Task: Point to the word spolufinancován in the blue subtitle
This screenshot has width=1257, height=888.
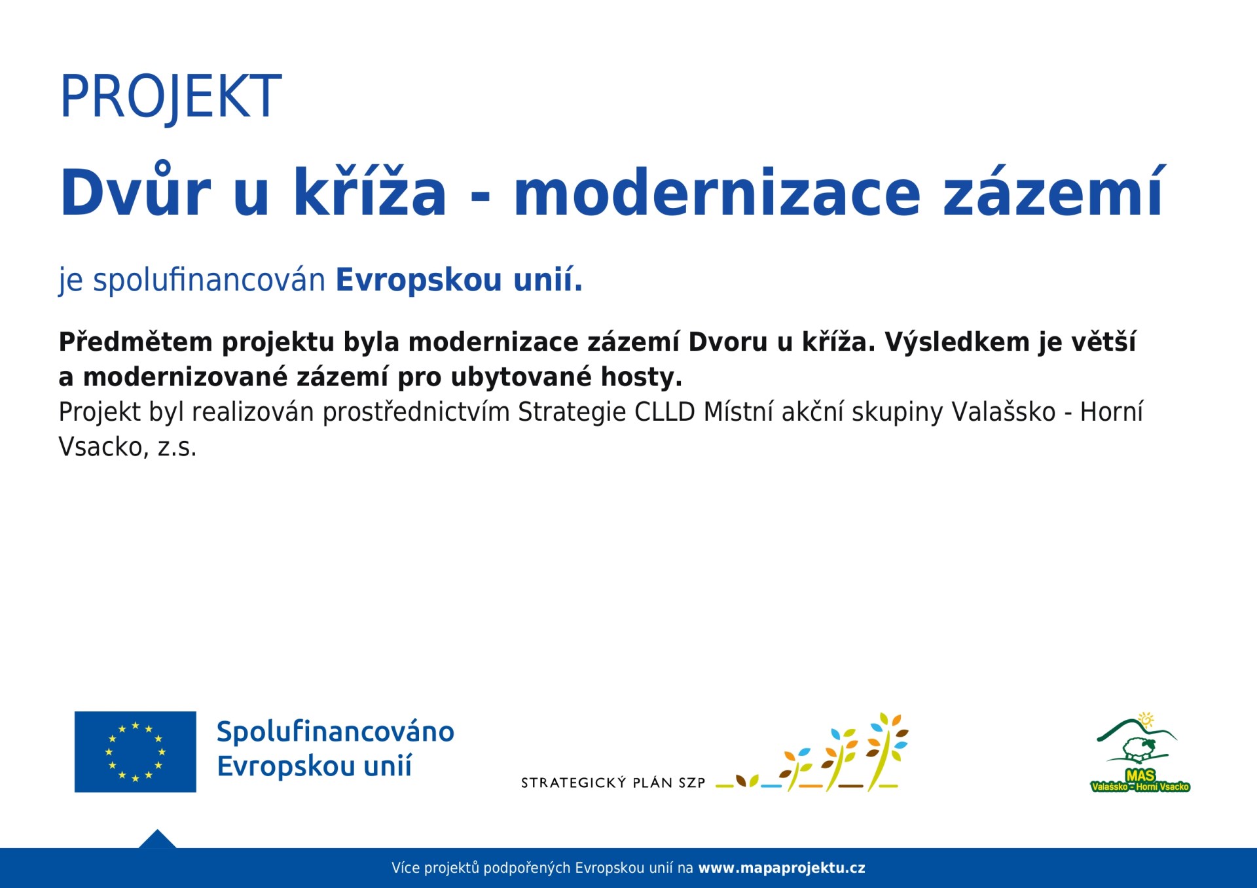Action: tap(209, 280)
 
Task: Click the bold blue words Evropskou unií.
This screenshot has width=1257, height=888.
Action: tap(459, 279)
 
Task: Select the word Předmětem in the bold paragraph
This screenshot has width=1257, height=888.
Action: tap(136, 342)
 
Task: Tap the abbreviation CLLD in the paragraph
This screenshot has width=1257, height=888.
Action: tap(665, 412)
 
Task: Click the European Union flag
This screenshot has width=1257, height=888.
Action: tap(136, 752)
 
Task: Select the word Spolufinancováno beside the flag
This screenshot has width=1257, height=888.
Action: tap(335, 732)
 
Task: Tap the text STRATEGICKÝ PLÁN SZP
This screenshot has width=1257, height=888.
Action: tap(613, 783)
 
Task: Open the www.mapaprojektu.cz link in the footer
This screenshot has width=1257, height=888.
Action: tap(782, 868)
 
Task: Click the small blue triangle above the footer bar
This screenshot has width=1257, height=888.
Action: tap(157, 840)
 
